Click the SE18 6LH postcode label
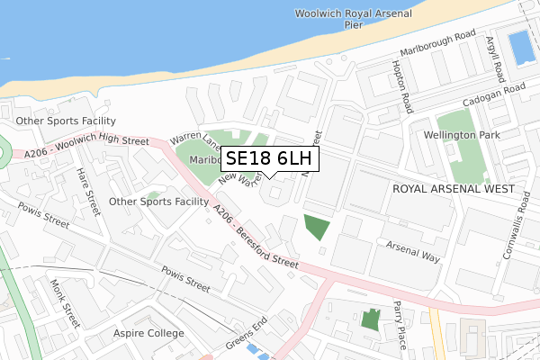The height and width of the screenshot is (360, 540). coord(268,159)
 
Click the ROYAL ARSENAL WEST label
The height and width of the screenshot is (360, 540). coord(453,190)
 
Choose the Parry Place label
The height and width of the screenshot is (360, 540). coord(399,322)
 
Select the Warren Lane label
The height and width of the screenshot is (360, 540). coord(195,139)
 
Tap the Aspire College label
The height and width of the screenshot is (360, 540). coord(148,333)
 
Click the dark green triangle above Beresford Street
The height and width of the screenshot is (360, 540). coord(317,227)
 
